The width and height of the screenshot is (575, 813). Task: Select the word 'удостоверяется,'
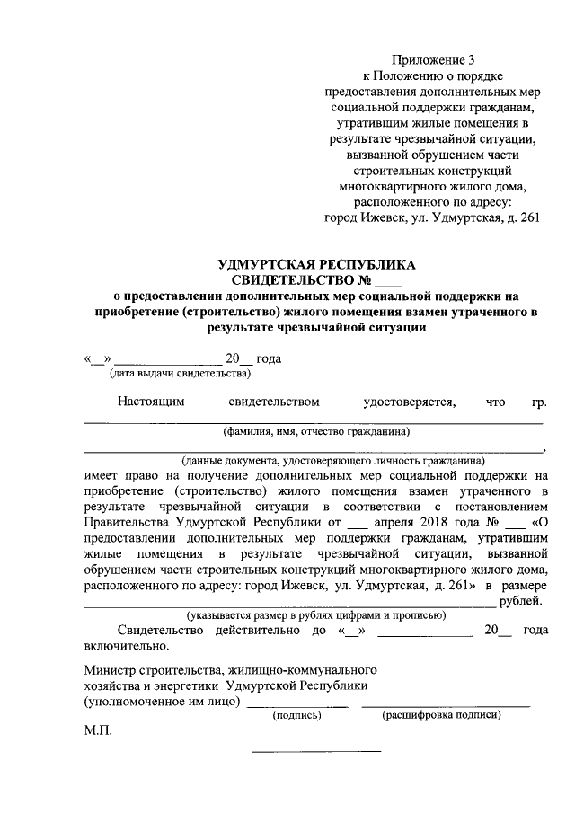[x=408, y=402]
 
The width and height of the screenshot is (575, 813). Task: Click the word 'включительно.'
[x=125, y=645]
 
